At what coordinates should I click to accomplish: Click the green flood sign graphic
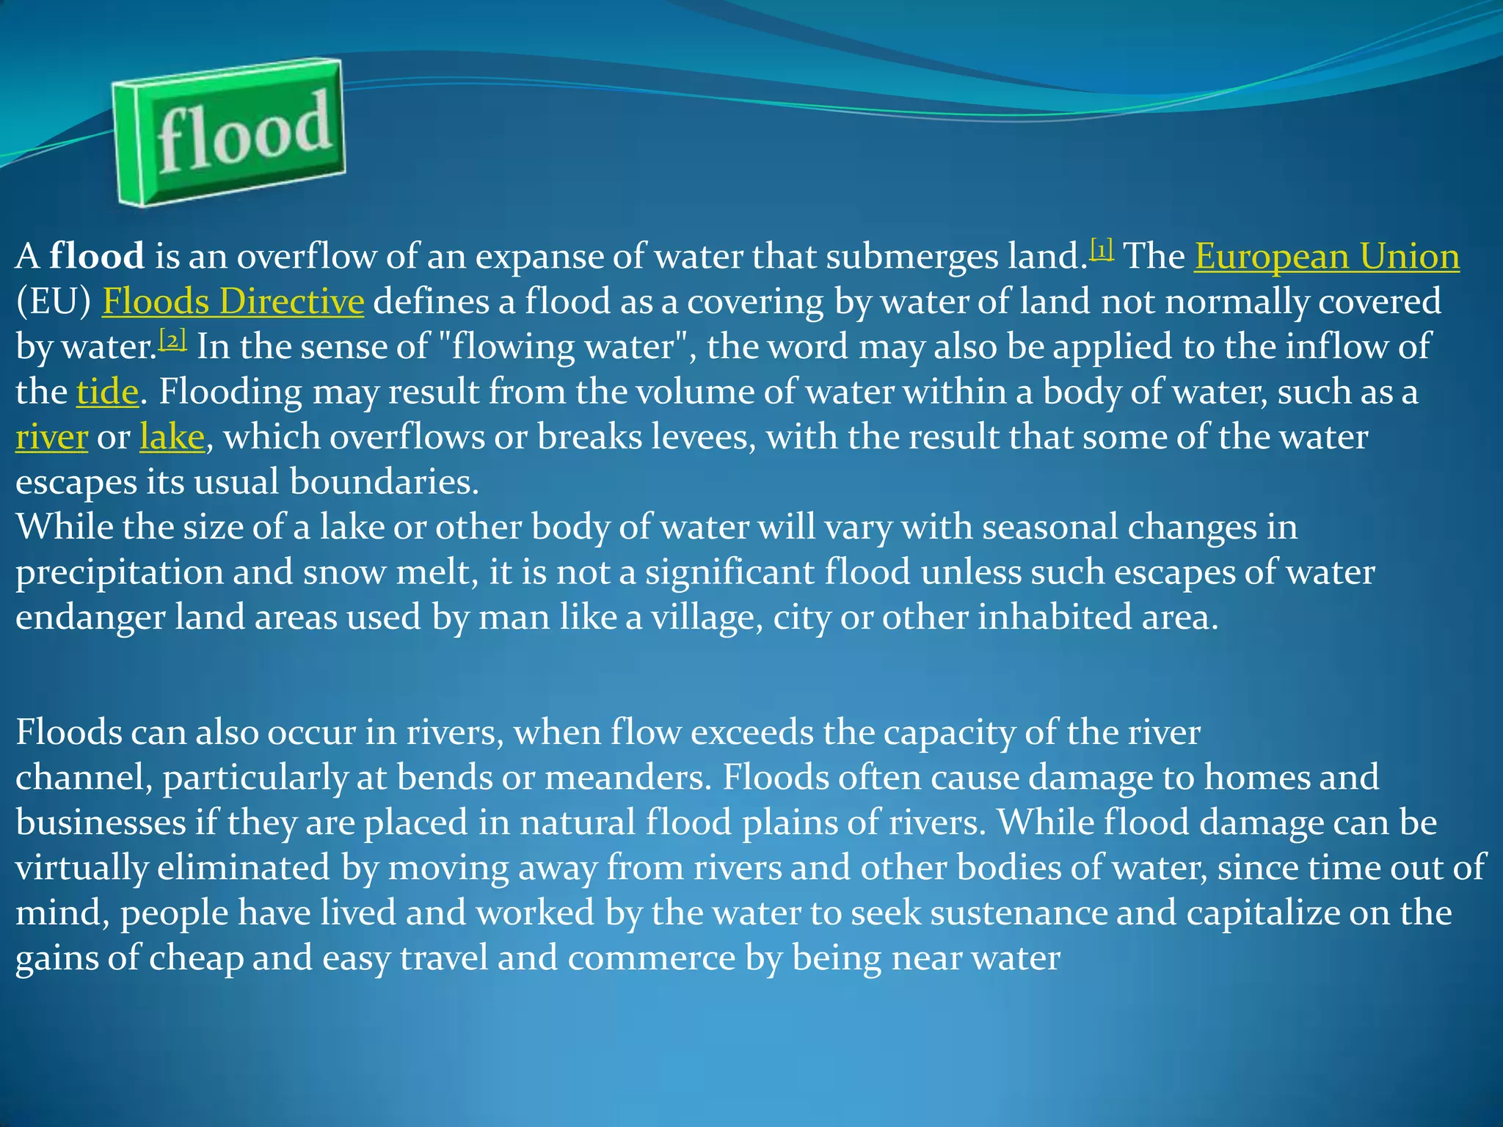click(229, 133)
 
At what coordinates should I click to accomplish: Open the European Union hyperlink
click(1326, 257)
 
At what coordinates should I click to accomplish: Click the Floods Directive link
click(233, 302)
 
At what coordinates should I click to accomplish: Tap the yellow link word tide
click(107, 392)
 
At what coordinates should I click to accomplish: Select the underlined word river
click(51, 437)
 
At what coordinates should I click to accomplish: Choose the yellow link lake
click(172, 437)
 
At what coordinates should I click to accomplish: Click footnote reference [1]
click(1102, 249)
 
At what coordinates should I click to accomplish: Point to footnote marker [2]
click(172, 340)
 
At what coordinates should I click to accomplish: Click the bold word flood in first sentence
click(97, 257)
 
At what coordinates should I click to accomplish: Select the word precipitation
click(119, 572)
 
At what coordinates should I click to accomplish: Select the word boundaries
click(384, 482)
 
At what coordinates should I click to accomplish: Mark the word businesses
click(101, 823)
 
